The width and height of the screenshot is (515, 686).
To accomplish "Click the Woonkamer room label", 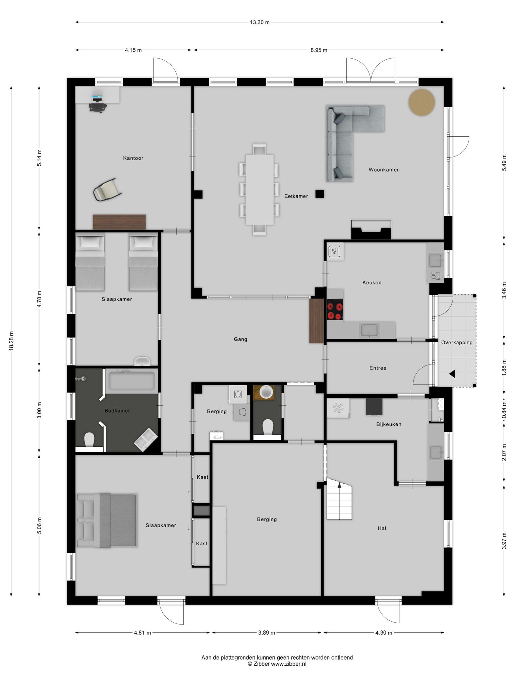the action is (384, 170).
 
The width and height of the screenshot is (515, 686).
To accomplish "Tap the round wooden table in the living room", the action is (421, 102).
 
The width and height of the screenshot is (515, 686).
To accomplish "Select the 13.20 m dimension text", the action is (260, 22).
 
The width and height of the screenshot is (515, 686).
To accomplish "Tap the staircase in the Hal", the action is (339, 499).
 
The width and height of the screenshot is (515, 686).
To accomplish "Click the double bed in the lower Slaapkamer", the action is (107, 521).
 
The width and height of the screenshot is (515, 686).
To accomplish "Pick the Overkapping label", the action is (457, 343).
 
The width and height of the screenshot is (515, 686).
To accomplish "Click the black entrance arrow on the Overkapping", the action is (452, 374).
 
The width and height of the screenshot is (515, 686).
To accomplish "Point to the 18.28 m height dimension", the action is (11, 341).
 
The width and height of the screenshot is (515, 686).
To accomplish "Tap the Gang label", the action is (240, 339).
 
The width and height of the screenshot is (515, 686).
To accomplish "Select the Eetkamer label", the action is (296, 196).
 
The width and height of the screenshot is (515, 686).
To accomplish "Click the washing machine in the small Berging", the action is (238, 393).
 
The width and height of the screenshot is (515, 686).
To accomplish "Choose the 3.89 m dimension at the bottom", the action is (267, 633).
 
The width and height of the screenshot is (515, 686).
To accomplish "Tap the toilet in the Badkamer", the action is (89, 439).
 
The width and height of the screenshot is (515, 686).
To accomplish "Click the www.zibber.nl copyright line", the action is (277, 664).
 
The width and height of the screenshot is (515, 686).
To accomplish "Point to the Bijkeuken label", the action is (389, 424).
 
